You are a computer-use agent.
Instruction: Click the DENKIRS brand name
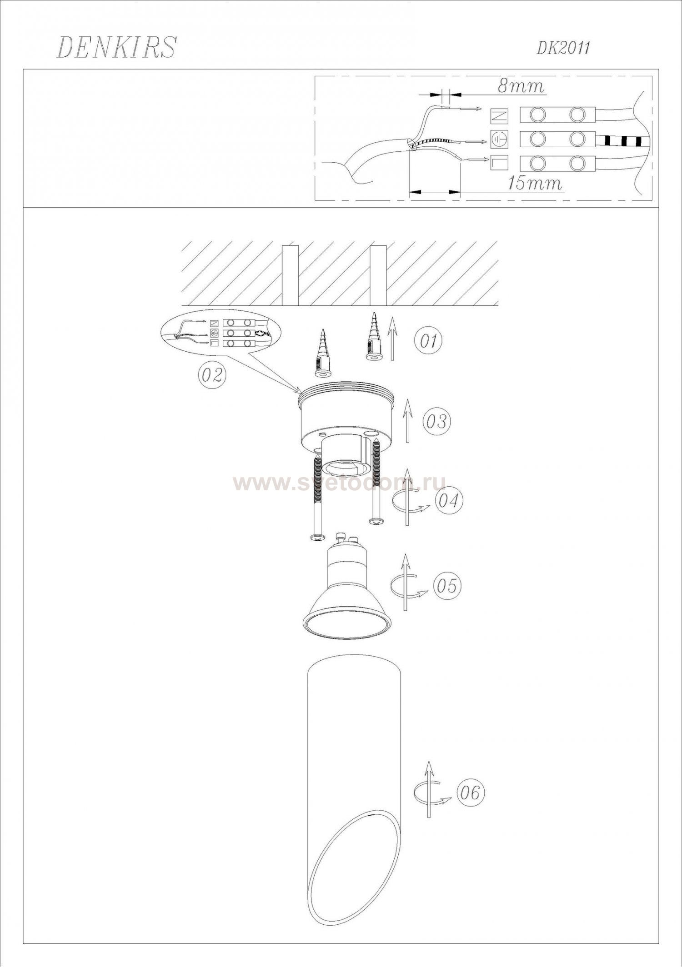(x=115, y=47)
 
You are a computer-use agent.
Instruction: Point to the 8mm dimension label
(x=521, y=86)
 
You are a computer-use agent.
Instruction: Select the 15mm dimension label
(x=535, y=183)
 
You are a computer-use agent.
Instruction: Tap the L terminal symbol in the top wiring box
(x=499, y=163)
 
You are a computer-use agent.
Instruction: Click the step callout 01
(x=428, y=341)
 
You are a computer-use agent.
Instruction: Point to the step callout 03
(x=436, y=421)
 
